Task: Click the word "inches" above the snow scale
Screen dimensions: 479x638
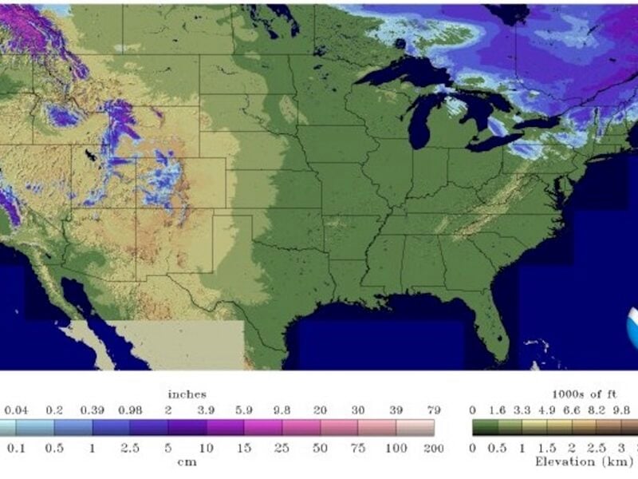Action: (x=187, y=394)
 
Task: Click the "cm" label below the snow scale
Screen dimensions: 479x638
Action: (x=187, y=461)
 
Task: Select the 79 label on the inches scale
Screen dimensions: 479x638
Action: (x=434, y=410)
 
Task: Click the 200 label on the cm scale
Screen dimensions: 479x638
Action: (x=434, y=448)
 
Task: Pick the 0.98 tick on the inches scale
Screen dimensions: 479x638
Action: (x=130, y=410)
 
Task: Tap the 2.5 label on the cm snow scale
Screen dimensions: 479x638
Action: (x=130, y=448)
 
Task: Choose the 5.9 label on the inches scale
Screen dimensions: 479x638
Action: (x=244, y=410)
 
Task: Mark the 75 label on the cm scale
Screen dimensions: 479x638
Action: (x=358, y=448)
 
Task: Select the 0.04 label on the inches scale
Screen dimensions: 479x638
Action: (x=16, y=410)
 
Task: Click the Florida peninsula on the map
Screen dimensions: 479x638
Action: (x=495, y=323)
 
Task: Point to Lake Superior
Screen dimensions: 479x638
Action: (x=399, y=73)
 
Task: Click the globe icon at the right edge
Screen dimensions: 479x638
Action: (x=632, y=323)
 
